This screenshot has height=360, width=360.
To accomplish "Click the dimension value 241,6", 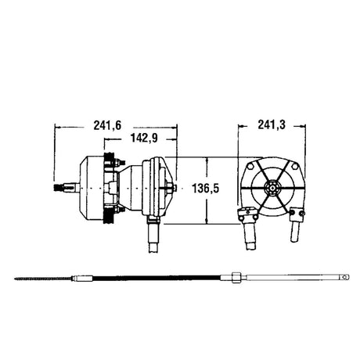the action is pyautogui.click(x=107, y=126).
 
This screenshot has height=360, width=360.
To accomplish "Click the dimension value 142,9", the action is pyautogui.click(x=144, y=139).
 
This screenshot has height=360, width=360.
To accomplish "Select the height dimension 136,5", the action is pyautogui.click(x=206, y=189).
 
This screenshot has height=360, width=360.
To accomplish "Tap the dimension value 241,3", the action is pyautogui.click(x=272, y=125).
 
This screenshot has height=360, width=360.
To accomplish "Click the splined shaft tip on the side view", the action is pyautogui.click(x=59, y=187).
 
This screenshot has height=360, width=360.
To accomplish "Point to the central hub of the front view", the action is pyautogui.click(x=272, y=188).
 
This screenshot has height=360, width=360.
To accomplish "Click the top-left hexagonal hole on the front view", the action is pyautogui.click(x=250, y=166).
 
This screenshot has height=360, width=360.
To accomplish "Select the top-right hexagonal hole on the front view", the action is pyautogui.click(x=294, y=166).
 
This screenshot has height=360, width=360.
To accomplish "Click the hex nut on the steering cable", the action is pyautogui.click(x=236, y=277).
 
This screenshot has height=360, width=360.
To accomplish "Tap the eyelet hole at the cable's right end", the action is pyautogui.click(x=346, y=276).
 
